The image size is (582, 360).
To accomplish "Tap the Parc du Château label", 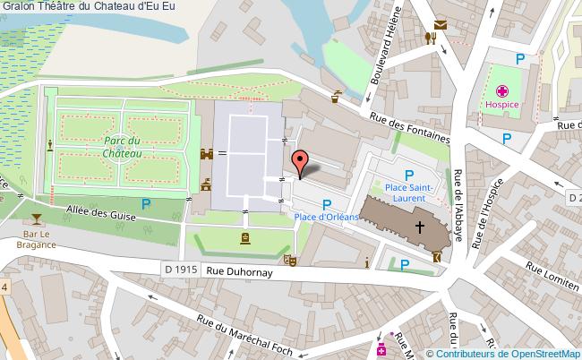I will (122, 147).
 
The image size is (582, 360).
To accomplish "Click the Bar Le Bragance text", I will (36, 242).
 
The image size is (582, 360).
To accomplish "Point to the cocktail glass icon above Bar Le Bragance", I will (36, 219).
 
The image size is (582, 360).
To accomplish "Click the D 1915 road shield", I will (181, 270).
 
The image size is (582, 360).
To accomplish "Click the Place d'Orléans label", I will (326, 217).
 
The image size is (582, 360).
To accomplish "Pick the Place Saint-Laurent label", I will (409, 191).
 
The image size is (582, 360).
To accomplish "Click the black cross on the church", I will (419, 218).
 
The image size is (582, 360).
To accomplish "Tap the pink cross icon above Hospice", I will (502, 90).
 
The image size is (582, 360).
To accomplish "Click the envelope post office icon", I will (441, 25).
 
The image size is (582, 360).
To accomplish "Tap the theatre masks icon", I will (289, 260).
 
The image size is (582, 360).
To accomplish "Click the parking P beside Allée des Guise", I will (146, 205).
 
